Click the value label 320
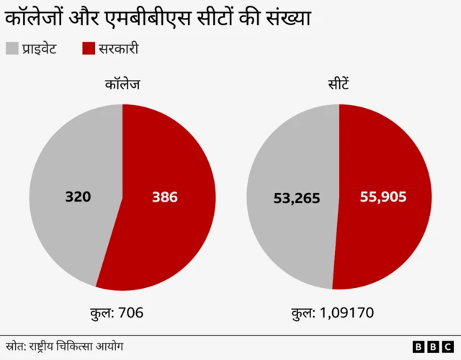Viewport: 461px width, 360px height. pos(78,197)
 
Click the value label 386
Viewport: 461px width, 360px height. pos(164,197)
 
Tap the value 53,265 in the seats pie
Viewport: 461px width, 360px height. pos(296,198)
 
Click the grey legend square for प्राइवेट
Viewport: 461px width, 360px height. pos(12,49)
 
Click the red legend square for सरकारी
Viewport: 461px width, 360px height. pos(89,49)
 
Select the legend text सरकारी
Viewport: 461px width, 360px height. pos(118,49)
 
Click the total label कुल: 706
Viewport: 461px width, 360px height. pos(120,312)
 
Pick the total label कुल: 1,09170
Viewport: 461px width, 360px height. pos(332,312)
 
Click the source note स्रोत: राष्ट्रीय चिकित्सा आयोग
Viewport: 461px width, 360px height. pos(64,346)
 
